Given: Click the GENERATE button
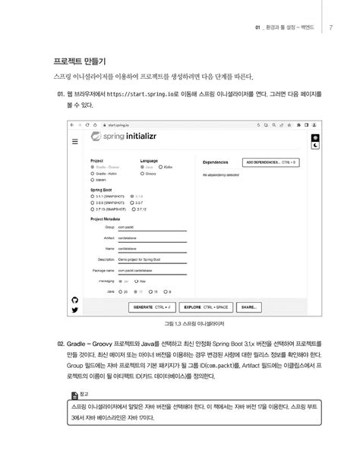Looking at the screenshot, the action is (x=152, y=307).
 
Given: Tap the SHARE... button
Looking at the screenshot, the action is (x=248, y=307).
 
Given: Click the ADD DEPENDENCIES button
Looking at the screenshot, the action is (x=270, y=162).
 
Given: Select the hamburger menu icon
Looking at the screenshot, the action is (x=75, y=142).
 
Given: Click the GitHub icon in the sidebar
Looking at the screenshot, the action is (x=74, y=300).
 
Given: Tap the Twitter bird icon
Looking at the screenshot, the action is (x=74, y=310).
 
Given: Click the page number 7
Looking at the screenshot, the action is (x=331, y=28).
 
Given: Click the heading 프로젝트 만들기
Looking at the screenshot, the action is (x=79, y=59).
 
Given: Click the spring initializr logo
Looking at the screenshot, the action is (x=134, y=137).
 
